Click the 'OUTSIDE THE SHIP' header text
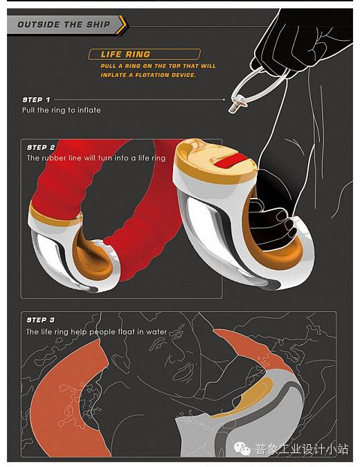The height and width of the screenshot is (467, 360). pos(64,24)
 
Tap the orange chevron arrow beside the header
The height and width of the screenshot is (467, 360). pos(122,24)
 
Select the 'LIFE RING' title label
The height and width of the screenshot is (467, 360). pos(125,54)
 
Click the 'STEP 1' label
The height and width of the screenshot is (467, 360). pos(37,100)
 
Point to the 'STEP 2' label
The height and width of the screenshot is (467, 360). pos(41,147)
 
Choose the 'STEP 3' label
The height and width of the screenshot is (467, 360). pos(41,320)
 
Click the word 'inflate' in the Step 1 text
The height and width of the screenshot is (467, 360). pos(89,110)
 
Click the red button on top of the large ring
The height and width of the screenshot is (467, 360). pos(229,161)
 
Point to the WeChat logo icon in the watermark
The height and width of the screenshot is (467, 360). pos(242,448)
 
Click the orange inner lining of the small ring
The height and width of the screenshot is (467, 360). pos(93,256)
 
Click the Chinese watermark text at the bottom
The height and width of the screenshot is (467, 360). pos(302,449)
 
